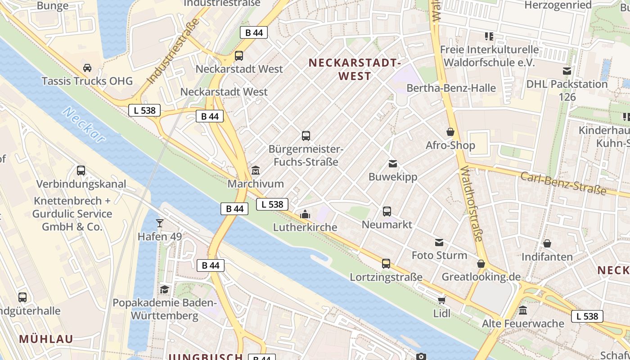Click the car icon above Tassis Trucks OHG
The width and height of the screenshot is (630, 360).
pyautogui.click(x=87, y=68)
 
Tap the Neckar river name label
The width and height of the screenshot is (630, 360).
pyautogui.click(x=85, y=125)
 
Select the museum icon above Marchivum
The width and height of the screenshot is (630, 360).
pyautogui.click(x=256, y=170)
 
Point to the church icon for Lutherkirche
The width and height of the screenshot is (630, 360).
pyautogui.click(x=305, y=214)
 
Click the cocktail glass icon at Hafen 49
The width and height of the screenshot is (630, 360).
pyautogui.click(x=159, y=223)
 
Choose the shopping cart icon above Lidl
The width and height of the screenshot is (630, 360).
pyautogui.click(x=441, y=300)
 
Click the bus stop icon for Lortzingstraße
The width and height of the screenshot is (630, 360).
pyautogui.click(x=386, y=264)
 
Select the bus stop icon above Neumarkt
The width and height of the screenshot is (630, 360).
pyautogui.click(x=387, y=211)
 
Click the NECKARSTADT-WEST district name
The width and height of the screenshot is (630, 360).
pyautogui.click(x=355, y=69)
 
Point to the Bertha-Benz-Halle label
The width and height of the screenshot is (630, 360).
pyautogui.click(x=451, y=88)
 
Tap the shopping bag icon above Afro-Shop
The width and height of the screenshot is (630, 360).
pyautogui.click(x=450, y=132)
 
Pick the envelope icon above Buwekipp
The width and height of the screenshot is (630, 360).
pyautogui.click(x=393, y=163)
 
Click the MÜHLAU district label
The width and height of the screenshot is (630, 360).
pyautogui.click(x=46, y=339)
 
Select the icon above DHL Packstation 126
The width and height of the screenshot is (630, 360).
pyautogui.click(x=567, y=71)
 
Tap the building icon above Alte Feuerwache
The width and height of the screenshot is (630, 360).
pyautogui.click(x=523, y=310)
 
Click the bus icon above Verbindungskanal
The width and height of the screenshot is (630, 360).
pyautogui.click(x=81, y=171)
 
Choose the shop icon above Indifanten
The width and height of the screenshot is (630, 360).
pyautogui.click(x=547, y=243)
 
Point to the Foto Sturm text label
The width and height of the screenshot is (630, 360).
pyautogui.click(x=439, y=256)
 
